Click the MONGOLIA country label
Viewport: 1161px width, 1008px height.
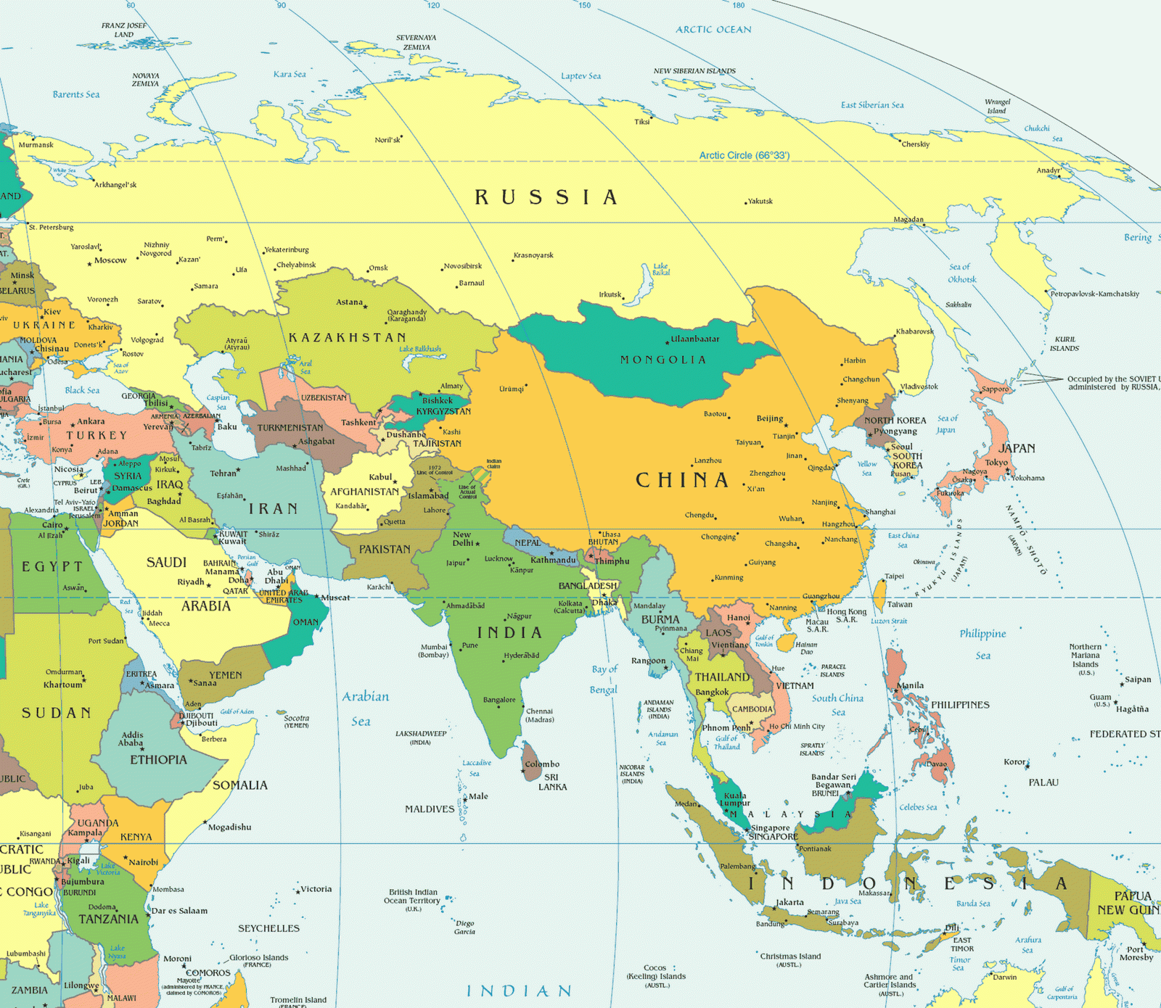coord(662,360)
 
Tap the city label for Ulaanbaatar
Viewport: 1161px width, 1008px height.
coord(695,339)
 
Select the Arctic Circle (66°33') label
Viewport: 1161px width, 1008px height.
coord(744,155)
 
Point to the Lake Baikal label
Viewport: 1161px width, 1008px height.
coord(660,269)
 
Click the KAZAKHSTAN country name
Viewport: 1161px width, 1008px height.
coord(347,337)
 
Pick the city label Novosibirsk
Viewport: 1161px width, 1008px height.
coord(463,266)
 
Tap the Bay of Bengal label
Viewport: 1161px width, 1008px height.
coord(604,679)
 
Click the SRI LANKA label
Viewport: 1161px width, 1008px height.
coord(552,782)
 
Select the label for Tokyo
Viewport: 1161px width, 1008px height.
coord(996,463)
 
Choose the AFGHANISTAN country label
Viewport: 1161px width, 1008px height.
coord(364,492)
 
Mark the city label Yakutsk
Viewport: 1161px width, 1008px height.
coord(760,201)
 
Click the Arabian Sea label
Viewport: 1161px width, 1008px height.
coord(365,708)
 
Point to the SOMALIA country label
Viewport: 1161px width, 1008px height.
coord(240,785)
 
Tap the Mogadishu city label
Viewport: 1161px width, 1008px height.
coord(229,827)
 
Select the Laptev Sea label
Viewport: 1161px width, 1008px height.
coord(580,76)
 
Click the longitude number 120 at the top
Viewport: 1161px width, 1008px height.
coord(433,6)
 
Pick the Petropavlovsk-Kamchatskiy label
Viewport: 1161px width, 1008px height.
coord(1095,294)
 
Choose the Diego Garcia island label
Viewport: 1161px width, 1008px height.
coord(464,928)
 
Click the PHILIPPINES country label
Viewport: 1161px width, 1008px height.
coord(959,705)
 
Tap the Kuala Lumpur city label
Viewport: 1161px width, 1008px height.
coord(735,799)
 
